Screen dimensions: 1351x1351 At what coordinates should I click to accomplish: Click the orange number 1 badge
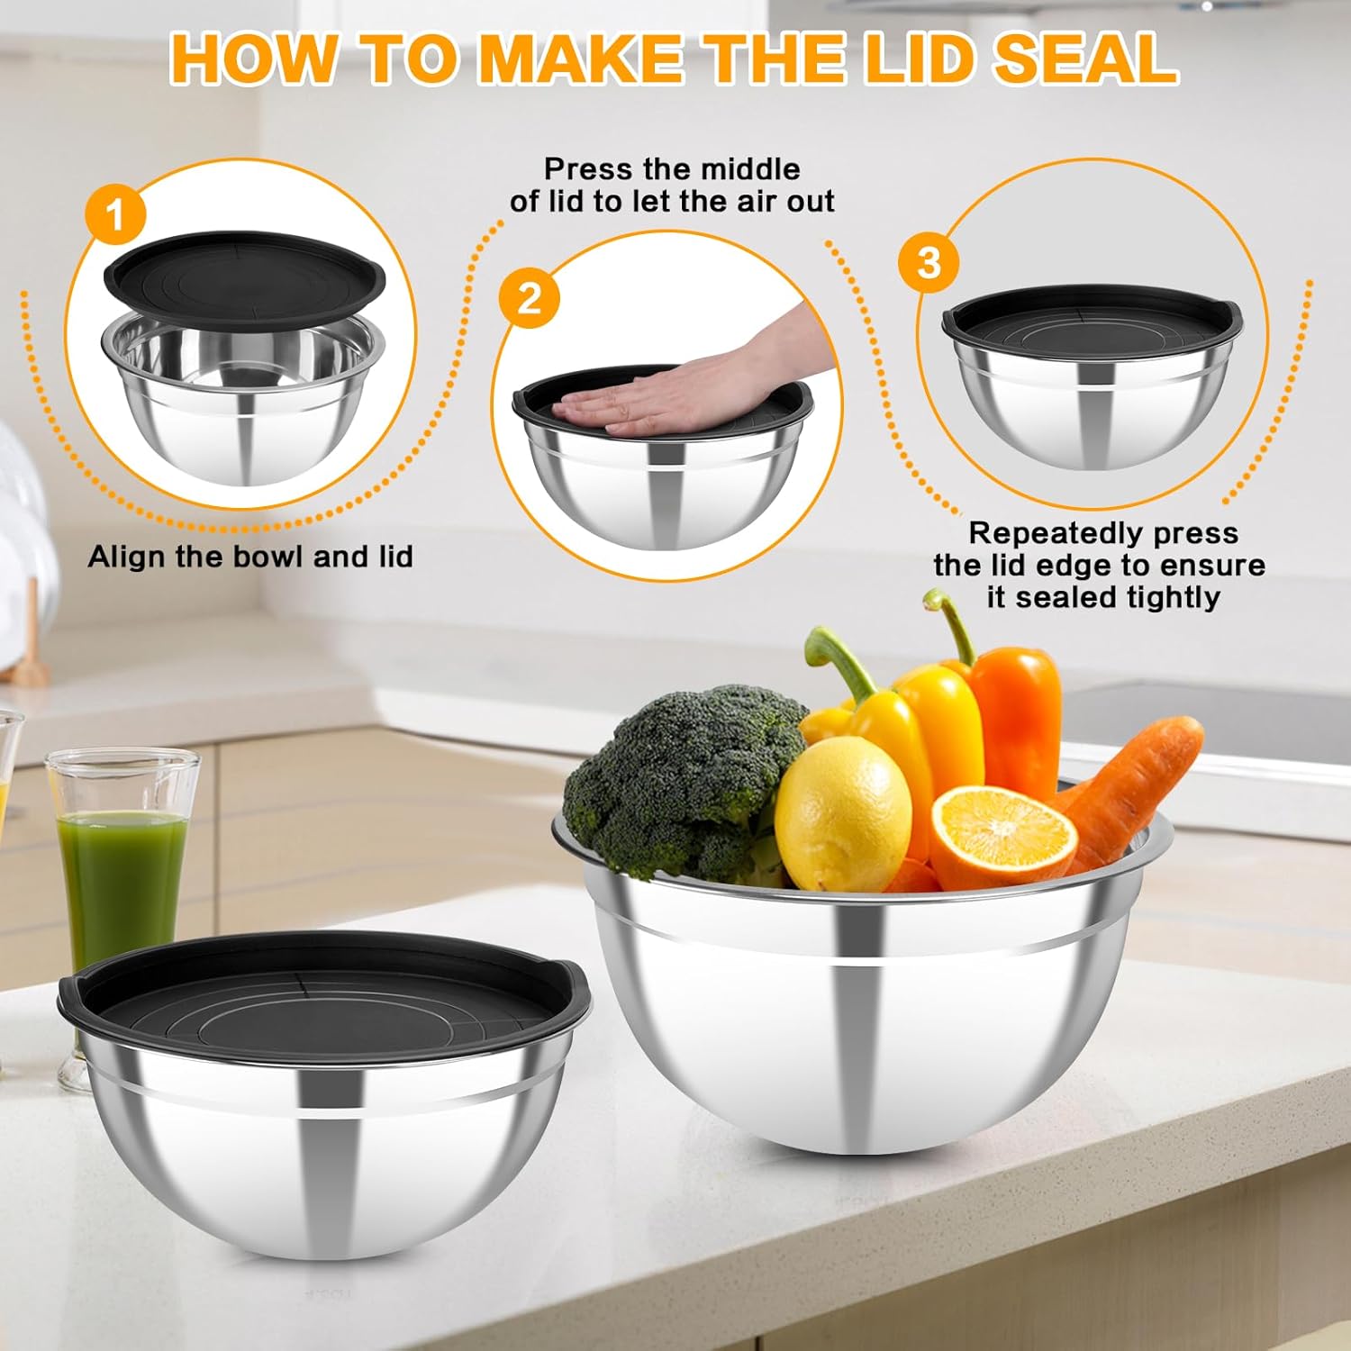(x=115, y=217)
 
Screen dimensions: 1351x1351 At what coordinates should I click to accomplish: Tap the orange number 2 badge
(x=530, y=298)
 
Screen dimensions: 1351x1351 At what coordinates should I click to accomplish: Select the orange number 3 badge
(x=929, y=263)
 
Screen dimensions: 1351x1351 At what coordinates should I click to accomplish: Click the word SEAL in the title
(x=1085, y=59)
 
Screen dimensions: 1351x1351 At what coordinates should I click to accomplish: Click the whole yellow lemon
(x=842, y=811)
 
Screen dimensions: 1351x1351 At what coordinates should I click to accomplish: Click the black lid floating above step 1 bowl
(x=243, y=275)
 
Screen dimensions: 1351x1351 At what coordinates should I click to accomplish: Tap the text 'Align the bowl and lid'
(x=250, y=557)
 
